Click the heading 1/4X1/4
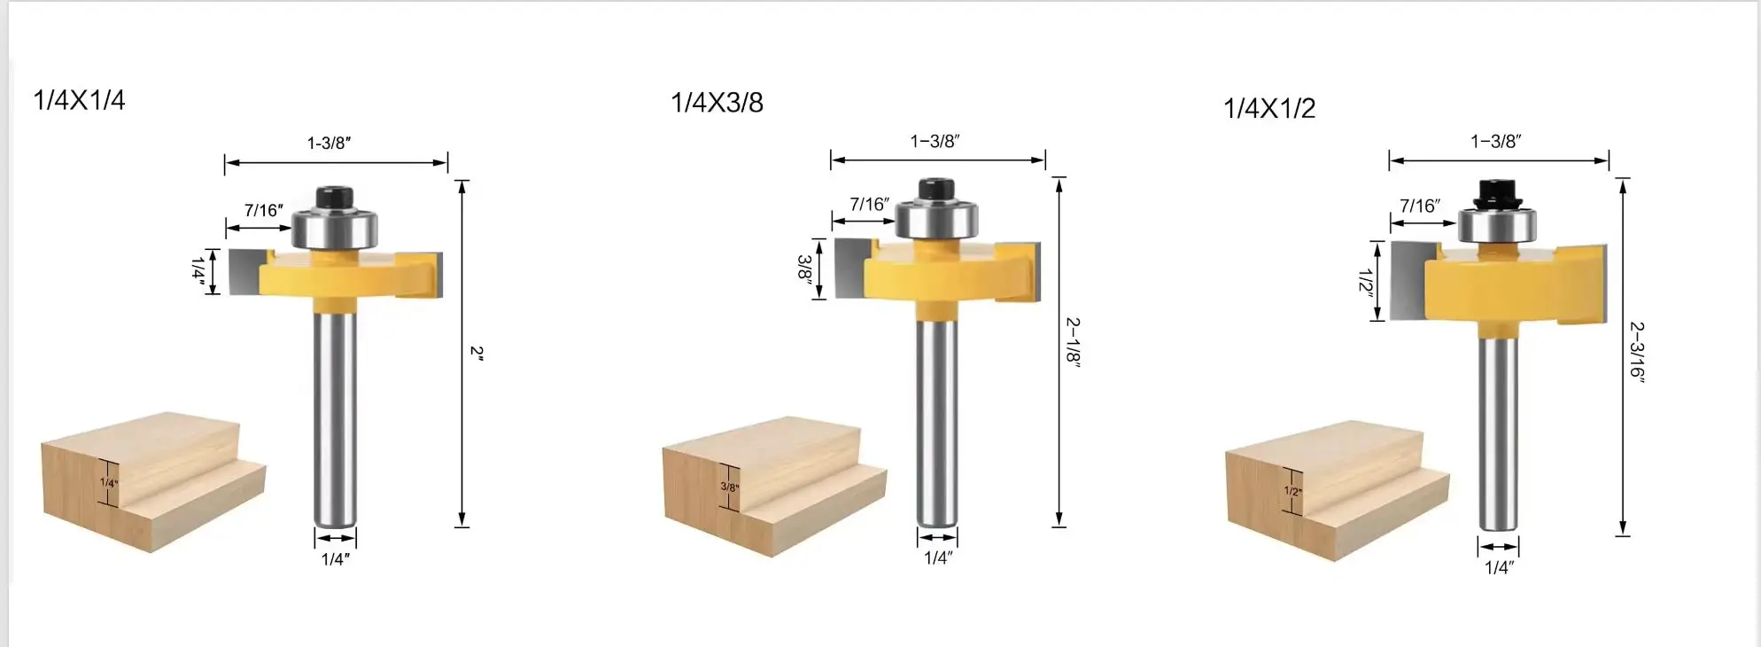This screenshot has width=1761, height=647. tap(79, 100)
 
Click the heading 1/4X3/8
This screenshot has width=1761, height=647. tap(717, 103)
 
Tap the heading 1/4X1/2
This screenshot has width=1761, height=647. tap(1268, 108)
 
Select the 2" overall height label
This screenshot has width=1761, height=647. tap(477, 353)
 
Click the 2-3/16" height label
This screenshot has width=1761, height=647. tap(1636, 349)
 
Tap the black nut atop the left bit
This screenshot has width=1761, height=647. tap(335, 196)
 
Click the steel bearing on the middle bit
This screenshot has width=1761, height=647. tap(936, 219)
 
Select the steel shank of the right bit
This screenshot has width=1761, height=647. tap(1497, 434)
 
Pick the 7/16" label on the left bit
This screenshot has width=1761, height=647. tap(263, 210)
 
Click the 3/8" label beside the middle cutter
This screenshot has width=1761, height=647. tap(804, 268)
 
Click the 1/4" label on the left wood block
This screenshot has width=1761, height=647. tap(108, 483)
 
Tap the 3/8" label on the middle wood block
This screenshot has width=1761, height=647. tap(729, 487)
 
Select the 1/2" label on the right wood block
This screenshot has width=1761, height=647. tap(1292, 491)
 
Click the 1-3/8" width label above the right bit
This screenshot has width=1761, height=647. tap(1496, 141)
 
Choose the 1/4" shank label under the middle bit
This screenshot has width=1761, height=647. tap(937, 557)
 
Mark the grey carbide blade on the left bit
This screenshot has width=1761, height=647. tap(243, 271)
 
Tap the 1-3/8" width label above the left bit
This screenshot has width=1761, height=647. tap(329, 143)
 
